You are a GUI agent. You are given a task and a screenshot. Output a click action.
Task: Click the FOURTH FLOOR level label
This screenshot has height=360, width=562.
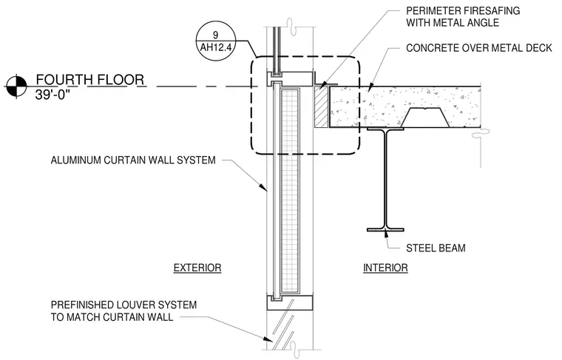[x=90, y=80]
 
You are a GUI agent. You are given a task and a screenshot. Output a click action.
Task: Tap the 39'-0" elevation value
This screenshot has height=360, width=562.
[x=51, y=95]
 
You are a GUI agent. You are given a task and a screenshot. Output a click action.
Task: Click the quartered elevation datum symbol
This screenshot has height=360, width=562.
[x=16, y=86]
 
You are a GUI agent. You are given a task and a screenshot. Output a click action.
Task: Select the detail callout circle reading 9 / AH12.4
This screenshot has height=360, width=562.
[x=215, y=41]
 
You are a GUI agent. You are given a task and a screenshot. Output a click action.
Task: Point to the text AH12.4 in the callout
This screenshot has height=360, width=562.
[x=215, y=47]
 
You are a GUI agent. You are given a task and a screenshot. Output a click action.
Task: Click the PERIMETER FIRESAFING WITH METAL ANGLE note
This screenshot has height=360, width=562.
[x=463, y=17]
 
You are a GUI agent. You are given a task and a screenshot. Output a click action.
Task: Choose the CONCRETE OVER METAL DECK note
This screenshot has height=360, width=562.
[x=479, y=48]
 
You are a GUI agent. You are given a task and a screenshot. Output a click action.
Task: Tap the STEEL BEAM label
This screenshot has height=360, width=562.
[x=436, y=248]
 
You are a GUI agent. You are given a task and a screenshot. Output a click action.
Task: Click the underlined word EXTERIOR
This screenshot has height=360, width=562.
[x=197, y=268]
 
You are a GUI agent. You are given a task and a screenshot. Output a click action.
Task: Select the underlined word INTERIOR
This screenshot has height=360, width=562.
[x=385, y=268]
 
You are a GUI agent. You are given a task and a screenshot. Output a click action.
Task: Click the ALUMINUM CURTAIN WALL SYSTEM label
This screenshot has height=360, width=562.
[x=133, y=160]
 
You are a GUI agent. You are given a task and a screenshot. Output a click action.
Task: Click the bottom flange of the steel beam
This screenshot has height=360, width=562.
[x=385, y=230]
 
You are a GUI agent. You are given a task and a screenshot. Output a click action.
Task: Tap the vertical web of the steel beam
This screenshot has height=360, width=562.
[x=385, y=179]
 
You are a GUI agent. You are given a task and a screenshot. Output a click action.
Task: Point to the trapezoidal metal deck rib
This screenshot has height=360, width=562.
[x=424, y=118]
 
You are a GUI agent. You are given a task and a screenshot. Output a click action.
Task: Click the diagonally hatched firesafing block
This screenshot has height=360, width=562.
[x=321, y=107]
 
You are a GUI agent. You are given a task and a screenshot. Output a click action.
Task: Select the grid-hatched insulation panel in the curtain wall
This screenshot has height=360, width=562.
[x=290, y=191]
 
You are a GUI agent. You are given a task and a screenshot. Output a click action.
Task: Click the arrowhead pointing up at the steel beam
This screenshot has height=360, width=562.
[x=386, y=234]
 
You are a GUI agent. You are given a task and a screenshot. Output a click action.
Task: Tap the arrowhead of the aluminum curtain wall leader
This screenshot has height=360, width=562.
[x=264, y=187]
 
